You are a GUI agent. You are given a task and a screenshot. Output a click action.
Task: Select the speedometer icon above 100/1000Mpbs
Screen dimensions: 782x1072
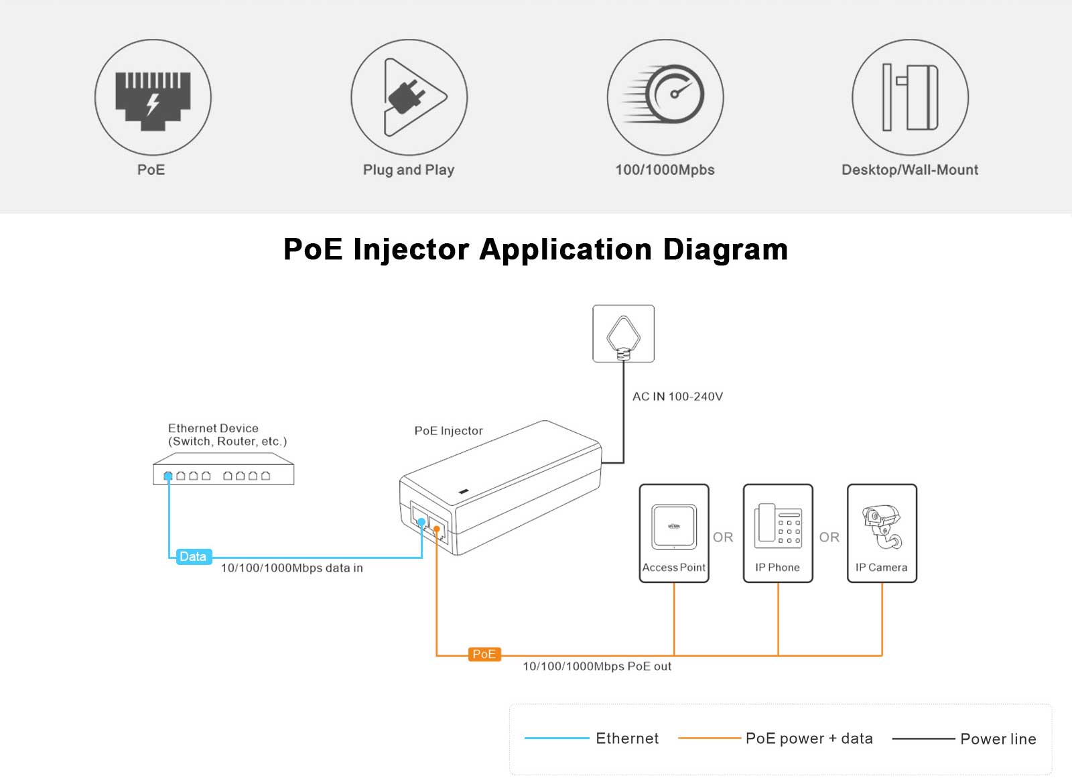(x=670, y=94)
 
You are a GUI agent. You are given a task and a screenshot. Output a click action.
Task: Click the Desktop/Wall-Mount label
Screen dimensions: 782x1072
(x=909, y=170)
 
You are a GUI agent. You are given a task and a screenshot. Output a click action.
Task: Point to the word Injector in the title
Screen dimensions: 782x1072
(x=411, y=249)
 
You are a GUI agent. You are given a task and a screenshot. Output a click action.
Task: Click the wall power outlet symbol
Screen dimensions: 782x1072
(x=623, y=334)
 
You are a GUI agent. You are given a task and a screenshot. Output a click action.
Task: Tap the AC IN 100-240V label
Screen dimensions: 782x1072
(x=677, y=397)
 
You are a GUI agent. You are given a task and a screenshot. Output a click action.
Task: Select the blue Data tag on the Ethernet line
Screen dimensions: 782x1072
(x=193, y=557)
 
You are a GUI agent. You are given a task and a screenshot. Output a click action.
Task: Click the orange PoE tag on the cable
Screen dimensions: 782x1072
(x=484, y=654)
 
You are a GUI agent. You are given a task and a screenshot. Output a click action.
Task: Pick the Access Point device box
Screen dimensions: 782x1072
(x=674, y=533)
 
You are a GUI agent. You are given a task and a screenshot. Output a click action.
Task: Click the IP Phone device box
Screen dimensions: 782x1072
(x=778, y=533)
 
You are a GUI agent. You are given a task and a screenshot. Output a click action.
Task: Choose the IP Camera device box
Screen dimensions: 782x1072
(x=882, y=533)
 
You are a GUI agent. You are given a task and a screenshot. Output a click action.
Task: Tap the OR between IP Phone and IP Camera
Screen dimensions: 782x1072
(x=829, y=537)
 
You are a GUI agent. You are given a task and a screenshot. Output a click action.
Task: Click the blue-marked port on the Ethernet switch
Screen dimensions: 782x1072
(x=168, y=476)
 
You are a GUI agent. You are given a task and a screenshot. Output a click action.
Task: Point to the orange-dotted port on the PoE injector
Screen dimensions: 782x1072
(x=437, y=529)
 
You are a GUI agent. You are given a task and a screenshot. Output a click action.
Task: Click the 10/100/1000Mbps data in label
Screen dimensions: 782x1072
(x=291, y=568)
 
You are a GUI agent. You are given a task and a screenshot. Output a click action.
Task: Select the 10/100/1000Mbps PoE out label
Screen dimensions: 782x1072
(x=596, y=667)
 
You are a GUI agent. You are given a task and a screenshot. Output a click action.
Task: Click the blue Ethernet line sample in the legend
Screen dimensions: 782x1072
(x=556, y=738)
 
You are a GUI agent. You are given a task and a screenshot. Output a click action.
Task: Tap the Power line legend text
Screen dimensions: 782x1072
(x=998, y=739)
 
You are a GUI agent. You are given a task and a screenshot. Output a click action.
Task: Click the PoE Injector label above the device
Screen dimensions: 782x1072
(x=448, y=431)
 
